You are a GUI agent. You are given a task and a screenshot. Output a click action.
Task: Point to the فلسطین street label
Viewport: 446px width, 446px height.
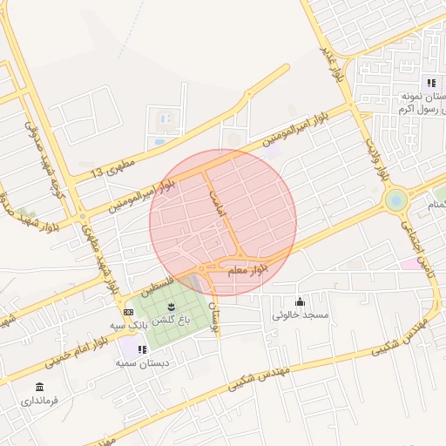(157, 287)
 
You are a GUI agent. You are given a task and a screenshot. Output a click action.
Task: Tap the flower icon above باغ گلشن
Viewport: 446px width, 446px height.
(171, 306)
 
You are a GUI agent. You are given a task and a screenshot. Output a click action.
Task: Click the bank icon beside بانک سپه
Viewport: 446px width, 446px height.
(129, 312)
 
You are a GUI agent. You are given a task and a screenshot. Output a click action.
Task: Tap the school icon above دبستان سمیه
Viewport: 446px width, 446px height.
(142, 349)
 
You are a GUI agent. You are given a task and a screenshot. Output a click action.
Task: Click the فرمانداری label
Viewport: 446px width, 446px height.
(39, 402)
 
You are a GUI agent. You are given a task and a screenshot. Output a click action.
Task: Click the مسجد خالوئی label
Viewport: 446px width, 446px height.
(301, 314)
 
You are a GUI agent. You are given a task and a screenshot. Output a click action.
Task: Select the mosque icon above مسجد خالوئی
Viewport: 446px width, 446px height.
(301, 301)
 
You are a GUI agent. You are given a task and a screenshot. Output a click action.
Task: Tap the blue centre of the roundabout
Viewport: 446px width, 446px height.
(397, 200)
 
